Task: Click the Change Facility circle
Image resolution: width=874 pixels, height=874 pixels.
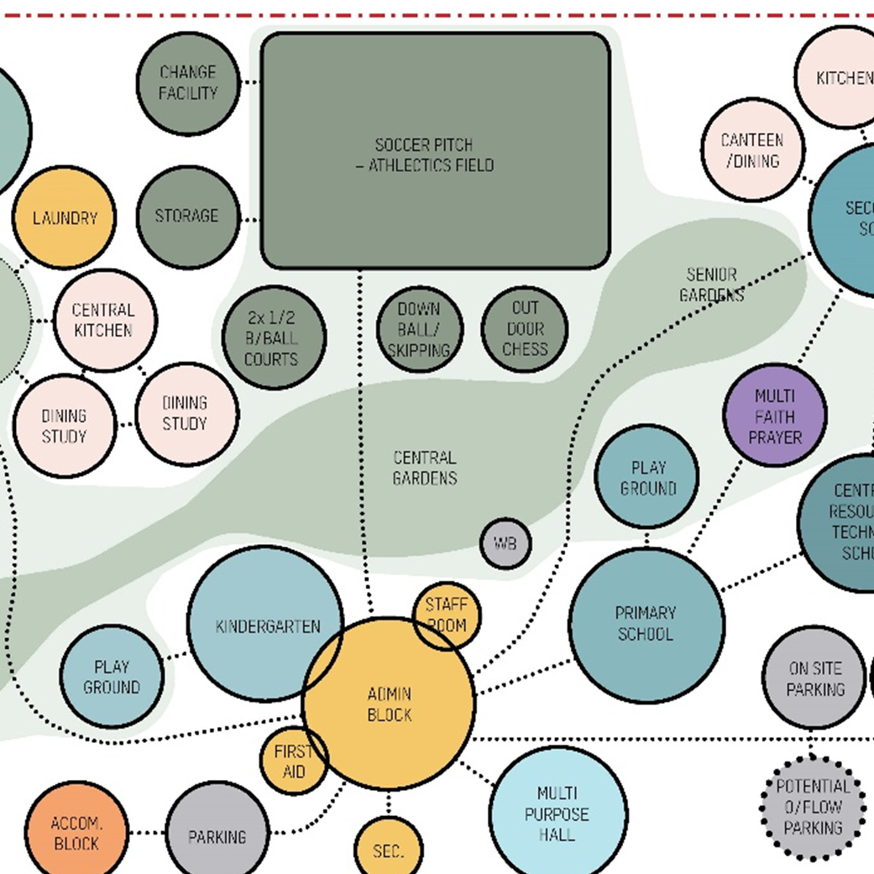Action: pyautogui.click(x=188, y=83)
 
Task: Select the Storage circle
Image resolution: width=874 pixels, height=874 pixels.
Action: pyautogui.click(x=188, y=217)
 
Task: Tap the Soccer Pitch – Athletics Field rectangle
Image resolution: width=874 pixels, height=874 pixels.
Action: pyautogui.click(x=436, y=151)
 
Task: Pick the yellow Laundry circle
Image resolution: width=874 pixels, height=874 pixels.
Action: pyautogui.click(x=65, y=218)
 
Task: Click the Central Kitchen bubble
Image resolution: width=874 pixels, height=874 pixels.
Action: pyautogui.click(x=105, y=320)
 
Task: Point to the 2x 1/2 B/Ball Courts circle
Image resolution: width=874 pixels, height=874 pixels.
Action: pyautogui.click(x=273, y=338)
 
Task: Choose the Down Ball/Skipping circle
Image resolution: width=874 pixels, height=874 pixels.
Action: pyautogui.click(x=420, y=329)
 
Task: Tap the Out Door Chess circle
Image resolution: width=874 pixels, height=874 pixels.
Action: pyautogui.click(x=525, y=329)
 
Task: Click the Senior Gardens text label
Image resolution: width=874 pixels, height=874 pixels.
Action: pyautogui.click(x=711, y=285)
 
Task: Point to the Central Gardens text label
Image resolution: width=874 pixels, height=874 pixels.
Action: pyautogui.click(x=425, y=468)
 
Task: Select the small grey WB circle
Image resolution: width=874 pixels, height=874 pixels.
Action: pyautogui.click(x=505, y=543)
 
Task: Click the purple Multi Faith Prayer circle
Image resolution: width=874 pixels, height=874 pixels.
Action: pyautogui.click(x=774, y=416)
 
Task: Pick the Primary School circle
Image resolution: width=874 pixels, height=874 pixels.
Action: pyautogui.click(x=646, y=624)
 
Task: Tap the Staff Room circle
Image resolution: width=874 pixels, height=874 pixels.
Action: pyautogui.click(x=447, y=615)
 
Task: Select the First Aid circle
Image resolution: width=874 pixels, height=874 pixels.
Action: pyautogui.click(x=293, y=761)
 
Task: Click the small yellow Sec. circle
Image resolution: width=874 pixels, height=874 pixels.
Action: pyautogui.click(x=388, y=850)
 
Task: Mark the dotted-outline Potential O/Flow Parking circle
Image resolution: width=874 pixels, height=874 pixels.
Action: pyautogui.click(x=812, y=808)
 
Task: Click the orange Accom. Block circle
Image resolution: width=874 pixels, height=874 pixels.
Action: pyautogui.click(x=76, y=833)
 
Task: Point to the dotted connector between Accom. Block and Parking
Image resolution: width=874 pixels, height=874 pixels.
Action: pyautogui.click(x=147, y=833)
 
